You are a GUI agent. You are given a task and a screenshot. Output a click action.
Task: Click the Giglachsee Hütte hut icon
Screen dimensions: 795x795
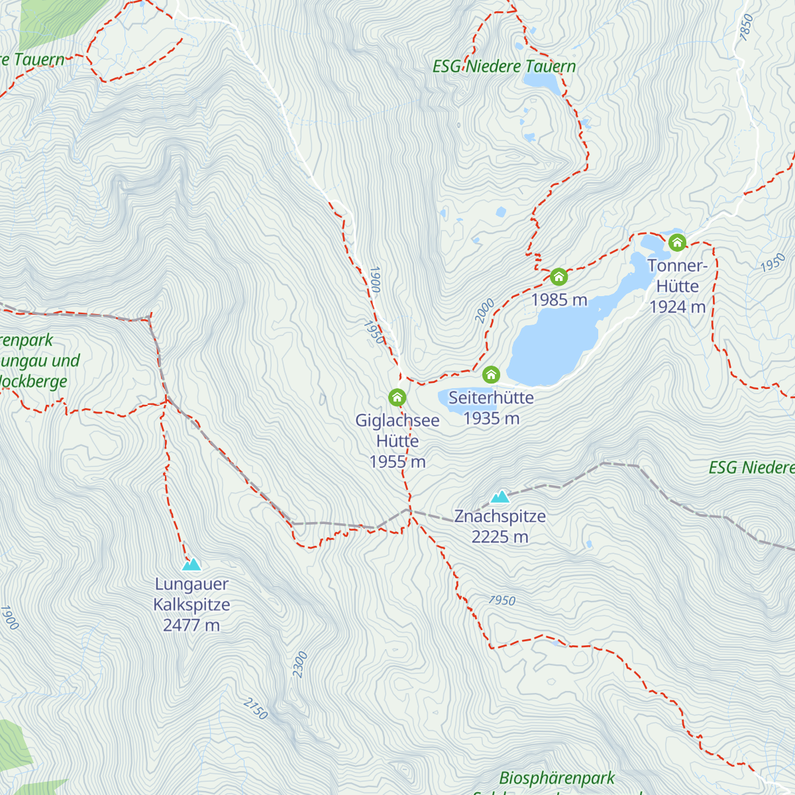[x=397, y=397]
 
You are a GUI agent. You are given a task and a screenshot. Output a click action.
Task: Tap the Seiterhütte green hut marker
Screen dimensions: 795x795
[x=491, y=375]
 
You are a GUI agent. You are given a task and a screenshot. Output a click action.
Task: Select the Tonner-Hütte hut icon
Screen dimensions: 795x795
[x=676, y=242]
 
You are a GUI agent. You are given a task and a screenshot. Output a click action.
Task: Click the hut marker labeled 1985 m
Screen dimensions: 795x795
[x=558, y=276]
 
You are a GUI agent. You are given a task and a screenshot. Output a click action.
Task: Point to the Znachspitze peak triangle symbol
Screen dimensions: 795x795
[x=500, y=496]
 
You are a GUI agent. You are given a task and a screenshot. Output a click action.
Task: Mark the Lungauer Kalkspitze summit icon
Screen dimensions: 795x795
[x=191, y=564]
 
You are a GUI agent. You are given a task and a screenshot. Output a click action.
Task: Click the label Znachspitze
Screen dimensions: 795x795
[x=500, y=516]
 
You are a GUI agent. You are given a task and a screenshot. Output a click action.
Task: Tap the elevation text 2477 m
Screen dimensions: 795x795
[x=191, y=625]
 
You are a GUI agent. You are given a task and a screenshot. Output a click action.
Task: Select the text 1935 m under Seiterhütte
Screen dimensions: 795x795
[x=491, y=418]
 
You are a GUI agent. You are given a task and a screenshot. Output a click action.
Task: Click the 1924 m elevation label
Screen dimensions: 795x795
[x=677, y=307]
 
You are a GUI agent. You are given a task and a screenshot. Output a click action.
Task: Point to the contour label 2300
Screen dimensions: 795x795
[x=300, y=664]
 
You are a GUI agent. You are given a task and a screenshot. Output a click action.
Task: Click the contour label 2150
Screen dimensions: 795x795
[x=256, y=709]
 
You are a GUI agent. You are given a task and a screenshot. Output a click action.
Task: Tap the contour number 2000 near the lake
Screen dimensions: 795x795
[x=485, y=311]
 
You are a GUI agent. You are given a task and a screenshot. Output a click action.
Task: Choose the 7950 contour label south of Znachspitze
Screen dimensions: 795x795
[x=502, y=600]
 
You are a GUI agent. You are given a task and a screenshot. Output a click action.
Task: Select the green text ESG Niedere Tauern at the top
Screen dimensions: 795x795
[x=504, y=66]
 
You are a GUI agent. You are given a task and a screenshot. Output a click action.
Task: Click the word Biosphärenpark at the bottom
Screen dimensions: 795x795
[x=556, y=778]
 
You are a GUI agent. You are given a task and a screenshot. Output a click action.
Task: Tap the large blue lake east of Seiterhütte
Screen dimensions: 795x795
[x=550, y=351]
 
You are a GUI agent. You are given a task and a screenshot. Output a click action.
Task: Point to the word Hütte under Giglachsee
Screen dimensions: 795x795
[x=397, y=441]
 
